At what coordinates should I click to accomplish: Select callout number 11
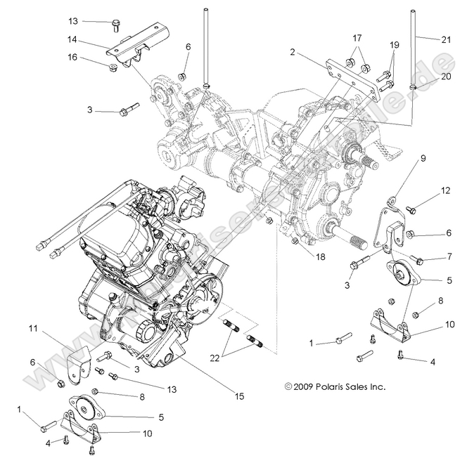coord(32,328)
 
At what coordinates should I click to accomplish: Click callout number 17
coord(357,38)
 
